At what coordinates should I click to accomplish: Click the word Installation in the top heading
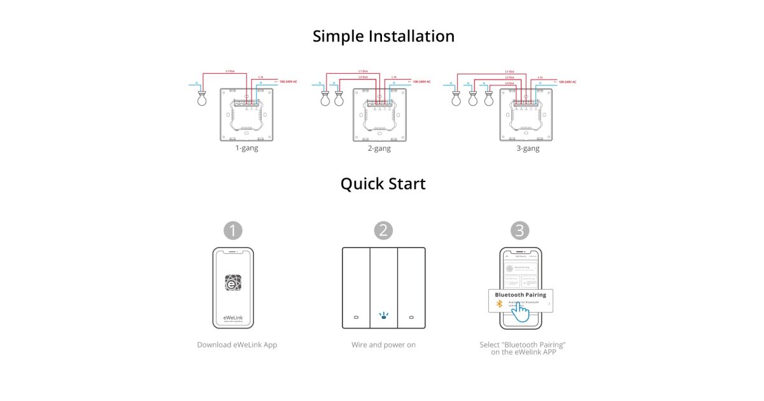(411, 36)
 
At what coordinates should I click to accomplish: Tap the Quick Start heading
(383, 184)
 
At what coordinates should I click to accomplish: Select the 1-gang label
(246, 148)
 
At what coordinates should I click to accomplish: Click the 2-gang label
(379, 148)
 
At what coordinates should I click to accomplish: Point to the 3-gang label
(527, 148)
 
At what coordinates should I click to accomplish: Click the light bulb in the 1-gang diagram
(202, 99)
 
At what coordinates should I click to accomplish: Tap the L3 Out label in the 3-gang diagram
(509, 83)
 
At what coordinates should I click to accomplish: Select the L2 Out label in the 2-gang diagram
(362, 77)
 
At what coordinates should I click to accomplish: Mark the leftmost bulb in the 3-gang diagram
(456, 99)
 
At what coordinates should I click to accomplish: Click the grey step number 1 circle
(234, 230)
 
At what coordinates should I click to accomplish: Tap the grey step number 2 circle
(383, 230)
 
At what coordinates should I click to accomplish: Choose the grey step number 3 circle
(520, 230)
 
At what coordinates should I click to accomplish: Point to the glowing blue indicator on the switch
(383, 314)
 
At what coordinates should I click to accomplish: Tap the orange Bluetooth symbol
(500, 304)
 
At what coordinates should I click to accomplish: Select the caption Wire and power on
(383, 345)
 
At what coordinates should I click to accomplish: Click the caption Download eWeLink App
(237, 345)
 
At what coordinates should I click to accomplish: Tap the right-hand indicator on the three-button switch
(411, 316)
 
